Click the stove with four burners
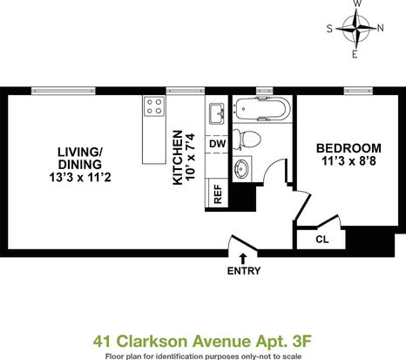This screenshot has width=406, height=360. (x=154, y=106)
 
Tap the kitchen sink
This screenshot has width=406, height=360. (x=216, y=113)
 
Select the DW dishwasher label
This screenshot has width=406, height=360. (x=218, y=144)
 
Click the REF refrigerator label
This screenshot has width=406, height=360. (x=218, y=194)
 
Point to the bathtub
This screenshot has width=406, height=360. (x=263, y=109)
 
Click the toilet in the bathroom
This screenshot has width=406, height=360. (x=247, y=139)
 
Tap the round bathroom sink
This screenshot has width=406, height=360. (x=241, y=169)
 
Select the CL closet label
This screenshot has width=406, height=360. (x=322, y=240)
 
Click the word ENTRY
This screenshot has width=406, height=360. (x=244, y=271)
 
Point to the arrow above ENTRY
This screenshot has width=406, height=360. (x=243, y=259)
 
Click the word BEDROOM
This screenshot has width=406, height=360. (x=348, y=148)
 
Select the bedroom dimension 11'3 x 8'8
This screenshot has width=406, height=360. (x=348, y=161)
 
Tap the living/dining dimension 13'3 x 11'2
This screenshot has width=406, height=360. (x=80, y=177)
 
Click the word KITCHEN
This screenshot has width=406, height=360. (x=178, y=158)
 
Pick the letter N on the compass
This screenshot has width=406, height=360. (x=380, y=28)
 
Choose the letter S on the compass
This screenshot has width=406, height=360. (x=329, y=29)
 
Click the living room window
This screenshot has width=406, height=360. (x=64, y=91)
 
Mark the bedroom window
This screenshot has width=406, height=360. (x=358, y=91)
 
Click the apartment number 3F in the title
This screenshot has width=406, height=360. (x=301, y=341)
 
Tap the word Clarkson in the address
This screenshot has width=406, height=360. (x=152, y=341)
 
